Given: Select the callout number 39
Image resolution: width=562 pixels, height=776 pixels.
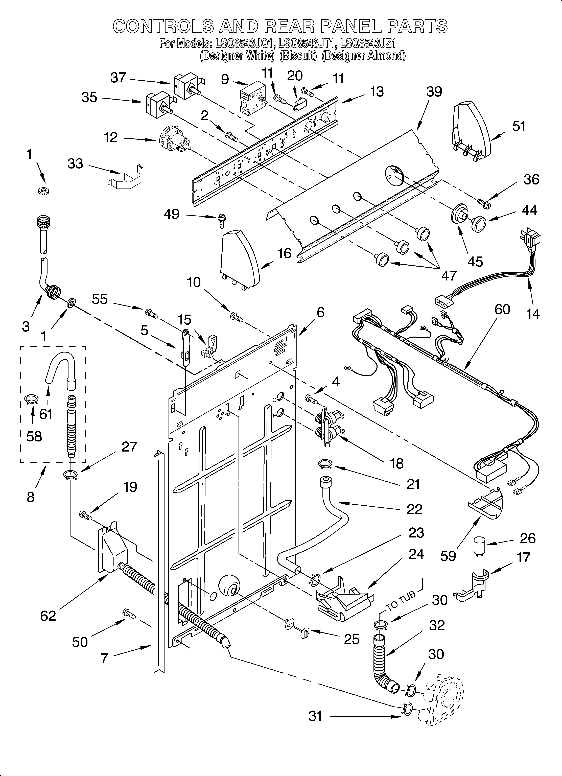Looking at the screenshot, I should coord(434,92).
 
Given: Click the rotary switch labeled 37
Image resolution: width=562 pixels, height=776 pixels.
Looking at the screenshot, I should coord(186,87).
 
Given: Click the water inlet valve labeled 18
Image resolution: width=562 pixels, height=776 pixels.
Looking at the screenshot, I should coord(329,428).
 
